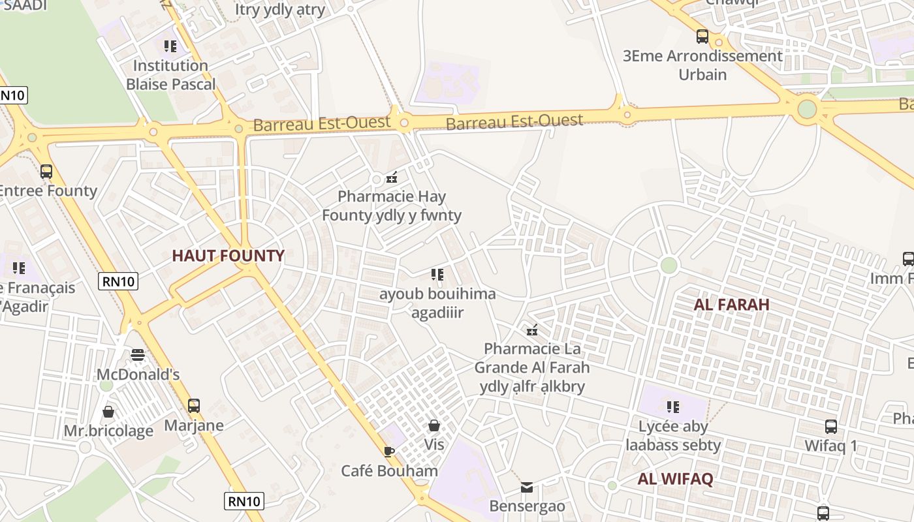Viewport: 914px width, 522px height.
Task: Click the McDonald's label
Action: click(138, 375)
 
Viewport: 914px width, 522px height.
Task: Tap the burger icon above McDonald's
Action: click(138, 355)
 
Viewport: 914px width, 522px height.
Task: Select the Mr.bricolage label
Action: click(108, 431)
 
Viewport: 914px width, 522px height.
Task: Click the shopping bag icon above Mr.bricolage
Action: click(108, 412)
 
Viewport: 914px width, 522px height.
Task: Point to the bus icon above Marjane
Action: click(194, 406)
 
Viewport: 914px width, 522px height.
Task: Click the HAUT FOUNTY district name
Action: click(228, 256)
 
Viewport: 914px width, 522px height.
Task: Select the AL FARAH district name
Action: click(731, 305)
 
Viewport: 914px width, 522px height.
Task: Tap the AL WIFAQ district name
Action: click(675, 479)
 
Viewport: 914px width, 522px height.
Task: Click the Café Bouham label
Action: click(390, 470)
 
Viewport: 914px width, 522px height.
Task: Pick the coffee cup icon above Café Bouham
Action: click(389, 452)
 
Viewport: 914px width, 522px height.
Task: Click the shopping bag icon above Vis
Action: click(434, 426)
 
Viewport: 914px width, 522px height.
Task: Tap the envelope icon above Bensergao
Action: click(527, 487)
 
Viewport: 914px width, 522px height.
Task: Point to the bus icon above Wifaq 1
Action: click(830, 427)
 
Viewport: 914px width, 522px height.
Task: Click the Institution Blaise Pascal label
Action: click(170, 75)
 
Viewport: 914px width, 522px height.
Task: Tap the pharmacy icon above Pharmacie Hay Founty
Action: click(392, 177)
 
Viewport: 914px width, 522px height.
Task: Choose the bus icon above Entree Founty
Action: click(46, 172)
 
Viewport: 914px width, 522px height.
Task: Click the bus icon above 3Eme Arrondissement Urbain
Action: click(702, 37)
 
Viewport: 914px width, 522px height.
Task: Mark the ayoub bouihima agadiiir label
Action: click(437, 303)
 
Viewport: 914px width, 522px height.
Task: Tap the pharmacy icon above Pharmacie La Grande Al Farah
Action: click(532, 330)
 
